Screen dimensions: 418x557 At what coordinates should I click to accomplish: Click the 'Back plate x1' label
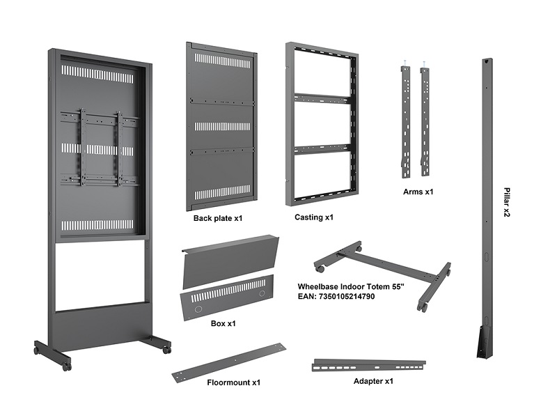point(217,218)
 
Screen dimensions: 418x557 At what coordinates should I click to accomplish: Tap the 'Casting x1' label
point(314,217)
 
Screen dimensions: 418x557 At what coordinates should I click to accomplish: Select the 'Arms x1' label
point(418,191)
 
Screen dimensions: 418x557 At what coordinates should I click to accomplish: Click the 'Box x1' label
point(223,323)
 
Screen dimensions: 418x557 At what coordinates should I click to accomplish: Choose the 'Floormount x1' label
point(233,382)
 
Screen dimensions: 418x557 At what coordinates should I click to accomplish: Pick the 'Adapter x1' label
point(373,381)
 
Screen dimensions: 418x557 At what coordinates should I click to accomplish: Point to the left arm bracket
point(405,122)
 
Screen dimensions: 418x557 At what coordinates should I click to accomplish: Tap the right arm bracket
point(425,122)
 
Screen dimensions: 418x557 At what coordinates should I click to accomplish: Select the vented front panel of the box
point(224,296)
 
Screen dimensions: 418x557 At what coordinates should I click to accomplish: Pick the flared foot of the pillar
point(485,341)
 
